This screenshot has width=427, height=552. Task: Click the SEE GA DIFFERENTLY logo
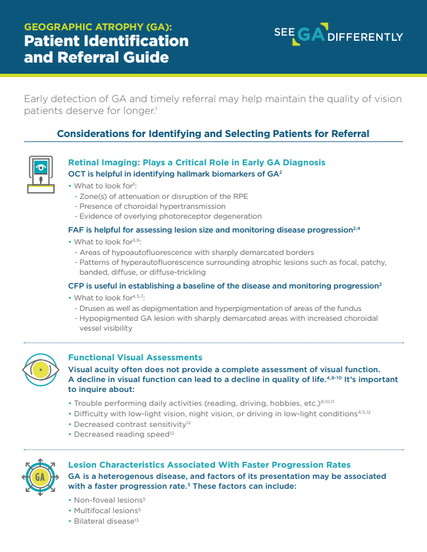[338, 36]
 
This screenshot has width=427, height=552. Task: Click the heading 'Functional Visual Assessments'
[135, 358]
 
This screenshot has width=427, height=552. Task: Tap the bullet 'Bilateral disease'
[105, 521]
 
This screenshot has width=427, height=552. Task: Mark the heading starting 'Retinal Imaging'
[197, 162]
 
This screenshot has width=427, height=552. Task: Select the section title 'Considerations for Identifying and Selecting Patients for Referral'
[213, 134]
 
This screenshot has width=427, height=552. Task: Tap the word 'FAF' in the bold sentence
[76, 230]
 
